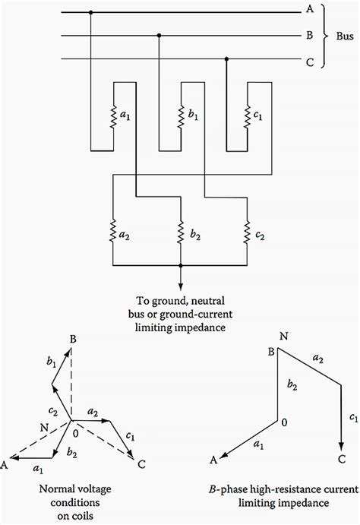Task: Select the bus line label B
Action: [308, 35]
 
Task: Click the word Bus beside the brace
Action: [344, 35]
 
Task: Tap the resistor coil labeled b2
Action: [181, 231]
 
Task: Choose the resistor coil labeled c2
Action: [248, 231]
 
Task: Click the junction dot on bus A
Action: [91, 13]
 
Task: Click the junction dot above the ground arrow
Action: [181, 266]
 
